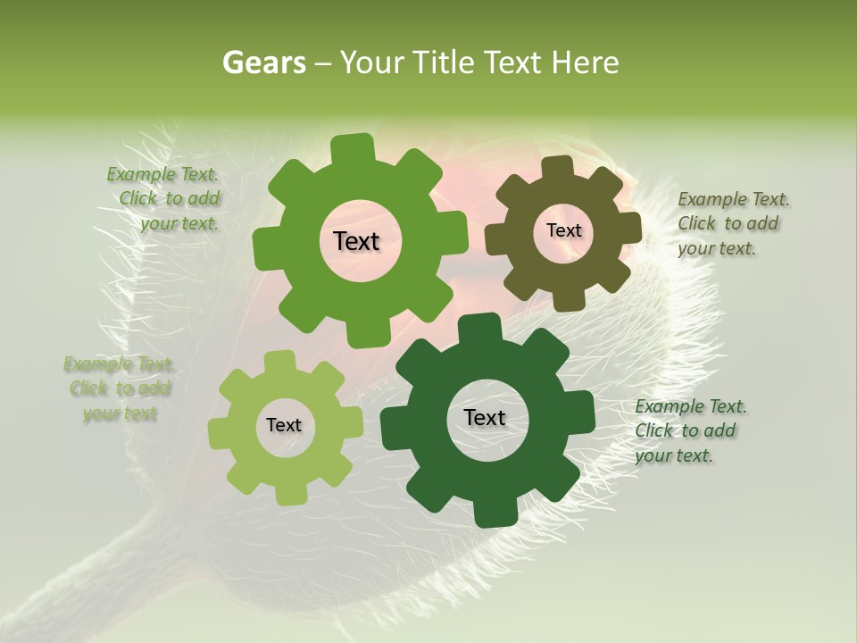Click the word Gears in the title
coord(264,63)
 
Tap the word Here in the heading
coord(586,63)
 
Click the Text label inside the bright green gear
coord(356,241)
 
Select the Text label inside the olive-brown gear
coord(563,230)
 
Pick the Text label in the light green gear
coord(284,425)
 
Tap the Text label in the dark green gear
coord(485,417)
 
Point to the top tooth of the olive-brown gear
coord(557,167)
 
